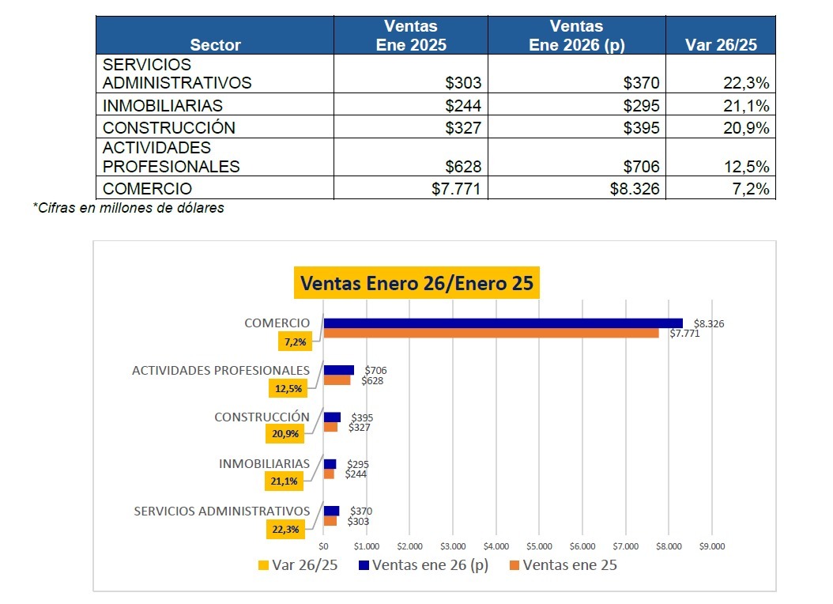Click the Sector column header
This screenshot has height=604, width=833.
click(215, 45)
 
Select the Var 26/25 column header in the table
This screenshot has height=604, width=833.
click(721, 45)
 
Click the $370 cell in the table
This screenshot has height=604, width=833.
click(641, 83)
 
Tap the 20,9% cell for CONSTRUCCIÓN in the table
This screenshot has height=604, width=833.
click(746, 128)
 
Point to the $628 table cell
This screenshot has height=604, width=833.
click(463, 167)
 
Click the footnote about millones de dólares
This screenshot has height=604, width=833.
click(128, 209)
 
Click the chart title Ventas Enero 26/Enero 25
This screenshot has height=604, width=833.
click(416, 283)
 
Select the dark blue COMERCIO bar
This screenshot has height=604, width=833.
click(503, 323)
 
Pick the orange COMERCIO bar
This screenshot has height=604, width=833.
click(491, 333)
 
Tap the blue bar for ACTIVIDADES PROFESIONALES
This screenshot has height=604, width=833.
click(339, 370)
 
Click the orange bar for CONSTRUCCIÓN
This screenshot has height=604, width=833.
click(331, 427)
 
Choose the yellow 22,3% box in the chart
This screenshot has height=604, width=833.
click(285, 530)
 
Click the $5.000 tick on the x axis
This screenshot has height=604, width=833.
click(539, 546)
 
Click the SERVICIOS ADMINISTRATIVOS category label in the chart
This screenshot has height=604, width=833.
click(221, 512)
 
